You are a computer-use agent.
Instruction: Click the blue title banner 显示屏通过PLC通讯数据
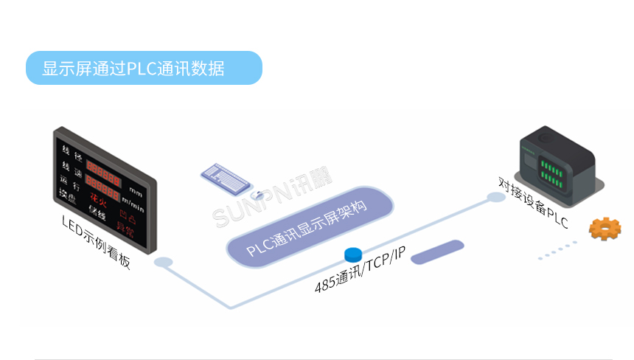tap(144, 68)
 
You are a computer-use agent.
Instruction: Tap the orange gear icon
tap(605, 229)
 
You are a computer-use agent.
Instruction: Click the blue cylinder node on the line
tap(353, 255)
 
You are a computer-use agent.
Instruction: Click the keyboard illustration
tap(228, 176)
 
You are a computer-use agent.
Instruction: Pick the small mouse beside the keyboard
tap(259, 195)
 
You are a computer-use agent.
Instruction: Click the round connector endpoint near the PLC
tap(493, 197)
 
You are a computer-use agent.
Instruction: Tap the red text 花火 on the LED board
tap(98, 198)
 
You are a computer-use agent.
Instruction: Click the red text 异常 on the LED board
tap(126, 232)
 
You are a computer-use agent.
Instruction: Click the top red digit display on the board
tap(103, 167)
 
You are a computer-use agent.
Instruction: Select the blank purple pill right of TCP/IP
tap(436, 252)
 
